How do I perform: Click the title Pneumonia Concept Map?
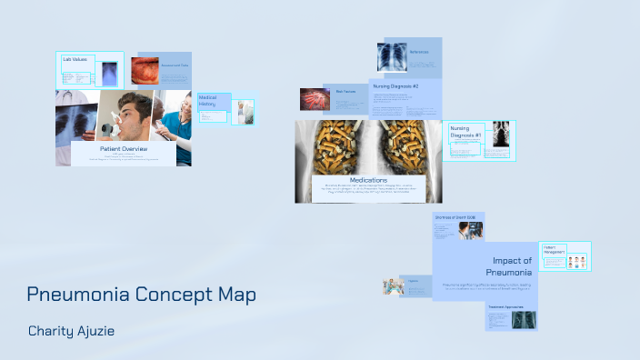141,295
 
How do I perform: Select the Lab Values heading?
75,60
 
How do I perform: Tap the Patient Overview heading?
123,147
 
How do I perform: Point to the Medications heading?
368,180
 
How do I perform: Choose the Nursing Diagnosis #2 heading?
395,86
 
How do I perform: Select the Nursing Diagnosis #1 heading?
465,133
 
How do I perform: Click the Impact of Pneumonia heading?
512,266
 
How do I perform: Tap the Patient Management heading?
555,249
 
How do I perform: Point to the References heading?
419,52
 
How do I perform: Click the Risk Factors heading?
345,92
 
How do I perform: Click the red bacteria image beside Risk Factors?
312,98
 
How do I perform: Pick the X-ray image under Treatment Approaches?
524,320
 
